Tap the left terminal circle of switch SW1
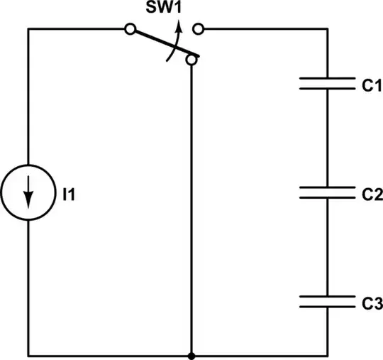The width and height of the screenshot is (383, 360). pyautogui.click(x=129, y=29)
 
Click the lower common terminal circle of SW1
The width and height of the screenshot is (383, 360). pyautogui.click(x=191, y=62)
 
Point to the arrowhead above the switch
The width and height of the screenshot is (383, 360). pyautogui.click(x=179, y=26)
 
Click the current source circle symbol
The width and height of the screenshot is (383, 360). pyautogui.click(x=28, y=192)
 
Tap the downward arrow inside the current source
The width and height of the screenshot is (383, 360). pyautogui.click(x=28, y=193)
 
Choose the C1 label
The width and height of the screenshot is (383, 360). pyautogui.click(x=371, y=85)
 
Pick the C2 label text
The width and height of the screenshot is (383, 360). pyautogui.click(x=371, y=192)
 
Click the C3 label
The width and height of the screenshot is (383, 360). pyautogui.click(x=371, y=302)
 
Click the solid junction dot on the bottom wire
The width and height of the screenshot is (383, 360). pyautogui.click(x=191, y=354)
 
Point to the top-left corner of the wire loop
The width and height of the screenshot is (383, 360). pyautogui.click(x=28, y=29)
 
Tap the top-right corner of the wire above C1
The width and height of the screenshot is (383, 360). pyautogui.click(x=327, y=29)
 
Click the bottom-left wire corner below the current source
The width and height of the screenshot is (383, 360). pyautogui.click(x=28, y=354)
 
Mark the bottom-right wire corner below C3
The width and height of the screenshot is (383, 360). pyautogui.click(x=327, y=354)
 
